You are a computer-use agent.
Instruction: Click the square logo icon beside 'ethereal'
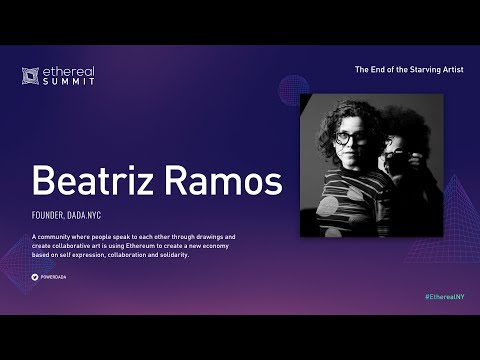click(30, 75)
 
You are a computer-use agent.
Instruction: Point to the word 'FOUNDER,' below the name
click(49, 215)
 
